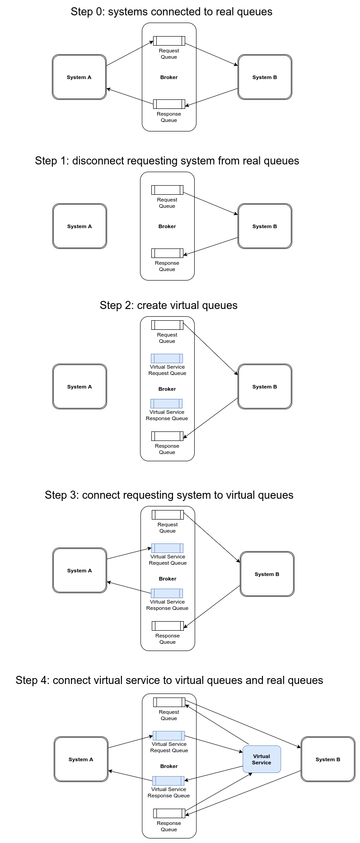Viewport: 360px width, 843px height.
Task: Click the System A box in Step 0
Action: (79, 77)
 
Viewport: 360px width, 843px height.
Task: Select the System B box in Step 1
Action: (265, 226)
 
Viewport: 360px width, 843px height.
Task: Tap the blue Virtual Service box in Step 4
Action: (262, 759)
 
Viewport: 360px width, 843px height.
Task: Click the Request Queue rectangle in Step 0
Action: (169, 41)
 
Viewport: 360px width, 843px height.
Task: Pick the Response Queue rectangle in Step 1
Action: (167, 253)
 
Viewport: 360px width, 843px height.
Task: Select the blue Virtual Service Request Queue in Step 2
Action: (167, 358)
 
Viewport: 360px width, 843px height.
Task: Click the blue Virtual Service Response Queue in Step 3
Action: (167, 593)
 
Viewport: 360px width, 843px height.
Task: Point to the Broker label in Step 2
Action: (167, 389)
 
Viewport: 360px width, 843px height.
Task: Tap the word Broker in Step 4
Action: (169, 766)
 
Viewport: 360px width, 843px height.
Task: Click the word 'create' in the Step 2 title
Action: (151, 305)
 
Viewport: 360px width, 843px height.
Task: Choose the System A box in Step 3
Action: (79, 571)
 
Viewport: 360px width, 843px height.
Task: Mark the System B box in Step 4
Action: (328, 759)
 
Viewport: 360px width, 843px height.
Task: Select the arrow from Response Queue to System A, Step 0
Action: (130, 97)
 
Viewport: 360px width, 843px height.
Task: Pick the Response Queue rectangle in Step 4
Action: (169, 813)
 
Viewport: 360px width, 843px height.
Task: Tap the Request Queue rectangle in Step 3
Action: (168, 515)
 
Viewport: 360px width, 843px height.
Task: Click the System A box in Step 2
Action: (79, 387)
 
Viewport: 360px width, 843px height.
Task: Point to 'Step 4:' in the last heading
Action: (33, 680)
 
